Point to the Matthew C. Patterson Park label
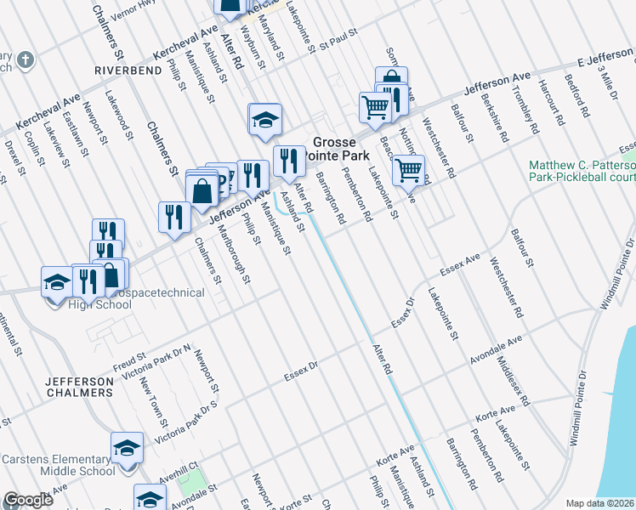582,171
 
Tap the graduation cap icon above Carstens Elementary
126,446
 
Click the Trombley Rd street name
528,117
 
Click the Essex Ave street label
460,266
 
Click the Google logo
28,500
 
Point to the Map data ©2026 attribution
599,503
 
